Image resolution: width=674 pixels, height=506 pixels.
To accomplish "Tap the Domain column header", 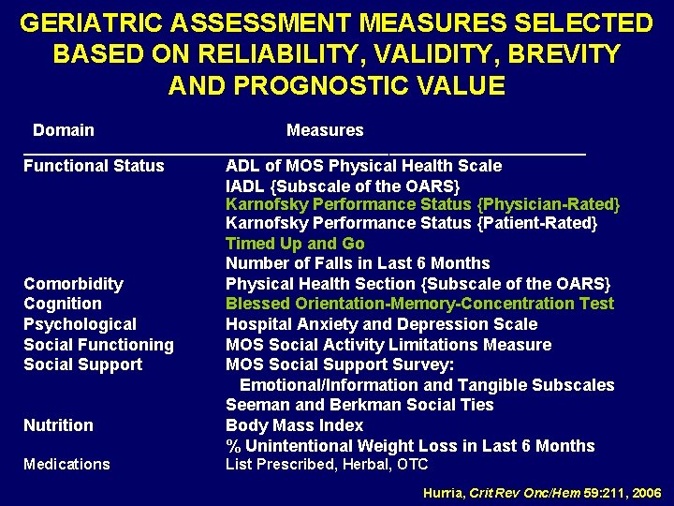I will (x=64, y=130).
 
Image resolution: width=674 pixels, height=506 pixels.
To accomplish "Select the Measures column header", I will (x=325, y=130).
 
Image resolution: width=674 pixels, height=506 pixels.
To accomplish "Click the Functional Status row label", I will (x=94, y=166).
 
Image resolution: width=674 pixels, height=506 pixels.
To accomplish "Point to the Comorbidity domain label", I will (x=73, y=284).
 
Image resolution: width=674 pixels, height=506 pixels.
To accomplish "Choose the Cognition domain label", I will (x=63, y=304).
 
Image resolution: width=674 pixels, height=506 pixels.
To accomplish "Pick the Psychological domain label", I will (x=80, y=324).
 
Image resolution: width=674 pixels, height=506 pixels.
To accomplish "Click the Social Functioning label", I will (x=98, y=345).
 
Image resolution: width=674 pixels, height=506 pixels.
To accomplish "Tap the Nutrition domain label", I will (x=58, y=425).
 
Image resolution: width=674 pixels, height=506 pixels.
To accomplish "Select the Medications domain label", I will (x=66, y=465).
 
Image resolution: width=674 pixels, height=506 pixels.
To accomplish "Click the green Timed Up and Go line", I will (x=295, y=244).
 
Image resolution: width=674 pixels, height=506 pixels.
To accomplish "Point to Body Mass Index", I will (x=294, y=425).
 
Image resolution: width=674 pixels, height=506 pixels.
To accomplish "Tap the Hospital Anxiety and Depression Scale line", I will (x=381, y=324).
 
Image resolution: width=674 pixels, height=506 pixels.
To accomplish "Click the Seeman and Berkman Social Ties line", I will (x=359, y=405).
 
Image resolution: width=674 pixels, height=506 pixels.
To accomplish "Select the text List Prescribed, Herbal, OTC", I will (x=327, y=465).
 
